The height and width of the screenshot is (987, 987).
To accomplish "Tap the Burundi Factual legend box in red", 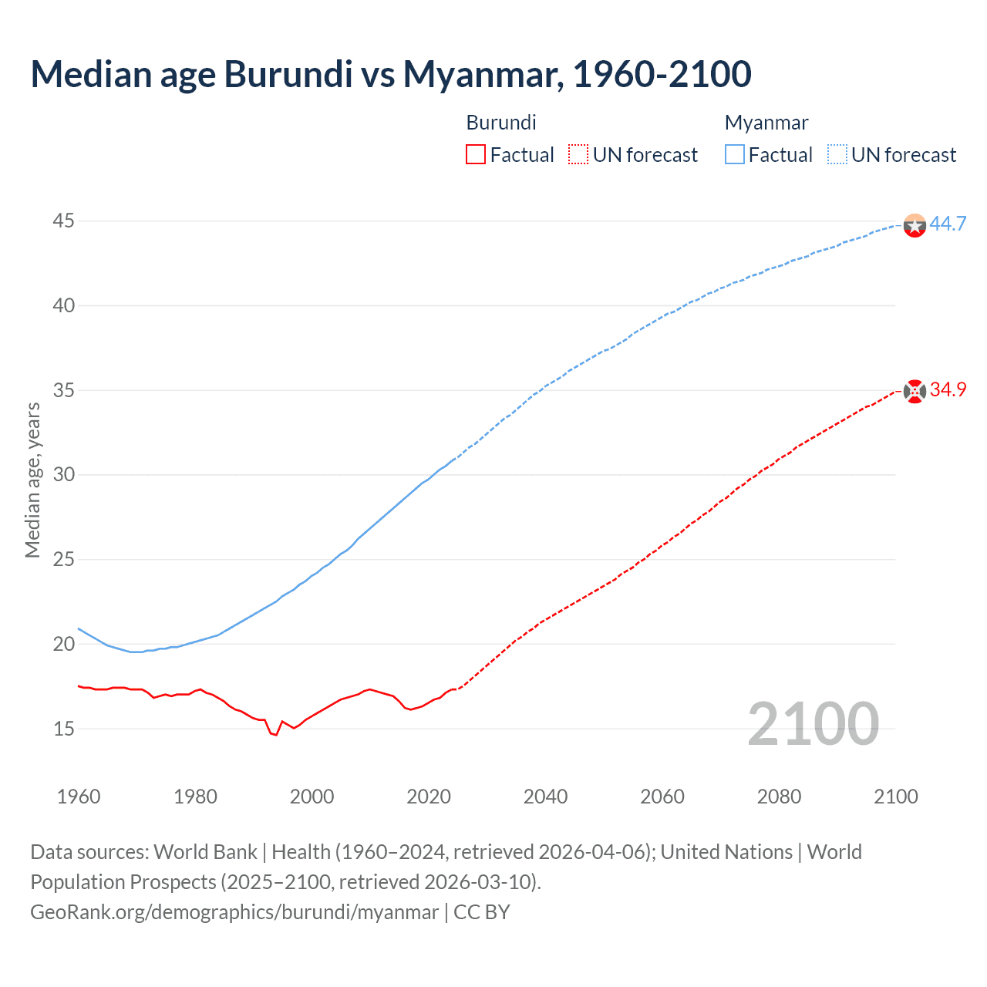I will tap(476, 154).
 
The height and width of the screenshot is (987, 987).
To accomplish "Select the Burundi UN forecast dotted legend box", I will tap(578, 154).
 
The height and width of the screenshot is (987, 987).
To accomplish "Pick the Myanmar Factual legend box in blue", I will tap(735, 154).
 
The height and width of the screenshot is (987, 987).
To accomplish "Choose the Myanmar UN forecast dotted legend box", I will tap(837, 154).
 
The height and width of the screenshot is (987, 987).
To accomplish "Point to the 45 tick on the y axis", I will tap(63, 221).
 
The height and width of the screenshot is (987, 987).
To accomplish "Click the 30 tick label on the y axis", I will tap(63, 475).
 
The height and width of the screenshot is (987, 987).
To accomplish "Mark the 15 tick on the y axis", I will tap(63, 729).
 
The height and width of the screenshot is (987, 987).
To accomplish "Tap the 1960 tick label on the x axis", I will tap(79, 797).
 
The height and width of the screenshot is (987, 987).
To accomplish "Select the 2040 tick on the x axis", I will tap(545, 797).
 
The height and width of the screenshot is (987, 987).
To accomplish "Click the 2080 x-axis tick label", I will tap(779, 797).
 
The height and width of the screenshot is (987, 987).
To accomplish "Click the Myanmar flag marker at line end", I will tap(915, 225).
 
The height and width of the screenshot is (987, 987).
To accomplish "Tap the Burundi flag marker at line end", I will tap(915, 392).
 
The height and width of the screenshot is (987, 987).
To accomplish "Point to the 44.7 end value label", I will tap(948, 224).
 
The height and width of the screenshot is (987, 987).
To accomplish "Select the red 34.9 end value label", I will tap(948, 390).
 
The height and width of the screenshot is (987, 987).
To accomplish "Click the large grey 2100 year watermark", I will tap(813, 723).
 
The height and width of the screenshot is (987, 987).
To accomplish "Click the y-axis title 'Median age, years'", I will tap(32, 480).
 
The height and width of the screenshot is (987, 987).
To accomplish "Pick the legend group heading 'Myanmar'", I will tap(766, 123).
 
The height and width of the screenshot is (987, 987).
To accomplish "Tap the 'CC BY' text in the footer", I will tap(482, 912).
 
